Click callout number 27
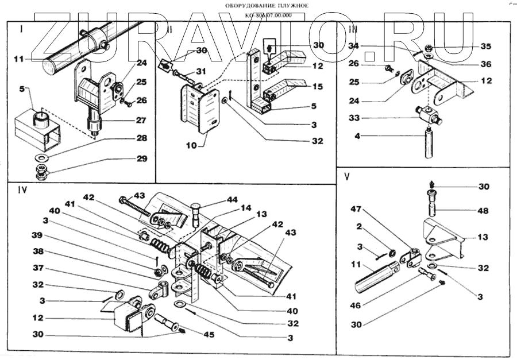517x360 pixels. point(141,121)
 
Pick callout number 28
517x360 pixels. point(141,139)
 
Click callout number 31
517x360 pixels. point(200,71)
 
